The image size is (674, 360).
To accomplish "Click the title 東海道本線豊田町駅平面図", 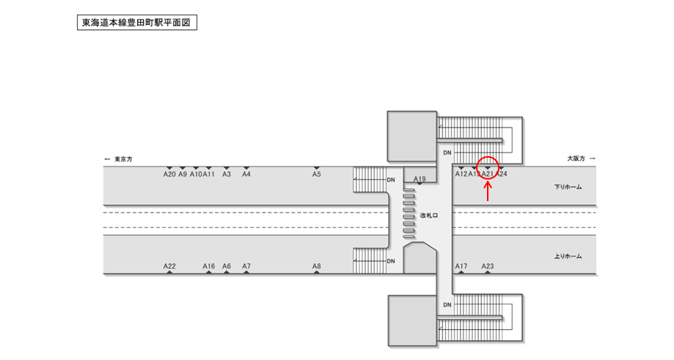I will click(x=136, y=23).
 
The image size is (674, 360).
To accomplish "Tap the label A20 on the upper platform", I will click(x=169, y=175).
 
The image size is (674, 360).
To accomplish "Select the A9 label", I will click(x=183, y=175).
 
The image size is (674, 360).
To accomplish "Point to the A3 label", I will click(x=227, y=175).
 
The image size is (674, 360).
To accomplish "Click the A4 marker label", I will click(x=246, y=175).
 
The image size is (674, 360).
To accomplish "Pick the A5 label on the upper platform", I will click(x=317, y=175).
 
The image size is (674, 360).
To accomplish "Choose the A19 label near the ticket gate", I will click(x=420, y=179).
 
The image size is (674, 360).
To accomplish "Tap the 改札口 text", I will click(x=429, y=216).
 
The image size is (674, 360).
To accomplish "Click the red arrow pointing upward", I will click(x=488, y=190).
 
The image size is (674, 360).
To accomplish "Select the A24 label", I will click(x=502, y=175).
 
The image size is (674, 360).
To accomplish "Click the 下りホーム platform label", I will click(x=568, y=188).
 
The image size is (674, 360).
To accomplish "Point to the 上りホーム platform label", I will click(x=568, y=257).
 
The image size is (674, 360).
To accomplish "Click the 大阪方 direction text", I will click(x=576, y=158).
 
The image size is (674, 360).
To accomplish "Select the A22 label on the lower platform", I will click(x=169, y=266).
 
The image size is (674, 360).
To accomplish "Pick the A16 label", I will click(x=209, y=266).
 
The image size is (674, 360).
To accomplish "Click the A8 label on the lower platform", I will click(x=317, y=266).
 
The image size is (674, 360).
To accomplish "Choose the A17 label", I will click(x=461, y=266).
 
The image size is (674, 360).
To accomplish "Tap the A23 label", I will click(x=488, y=266).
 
